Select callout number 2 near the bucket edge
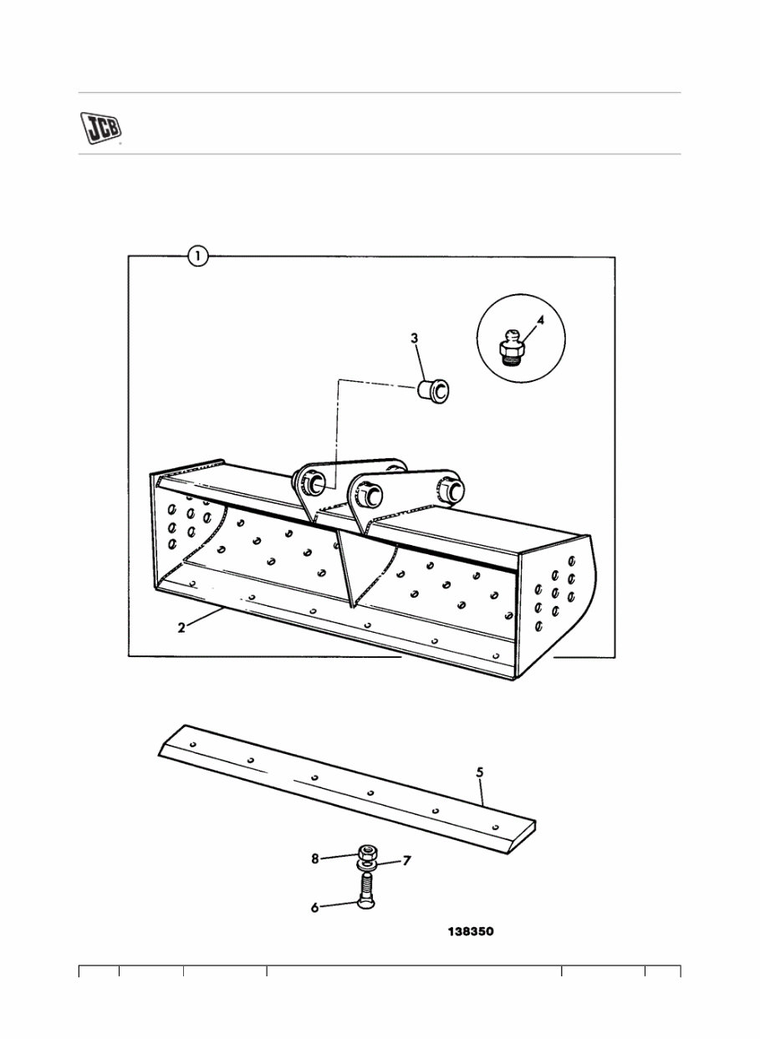pos(181,628)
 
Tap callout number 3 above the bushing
pos(414,339)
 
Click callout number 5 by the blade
pos(479,773)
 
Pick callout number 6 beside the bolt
pos(314,907)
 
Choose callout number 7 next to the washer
pos(407,861)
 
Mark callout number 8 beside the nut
pos(315,858)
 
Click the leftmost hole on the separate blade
pos(193,743)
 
